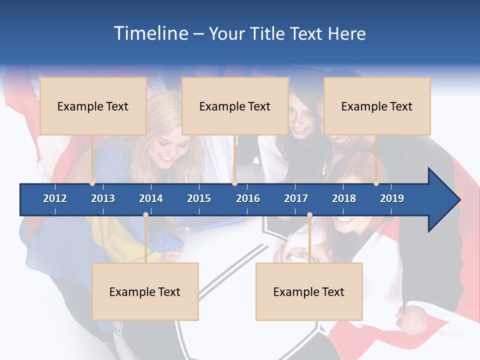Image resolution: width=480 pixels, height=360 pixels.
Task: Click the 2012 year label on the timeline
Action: click(55, 198)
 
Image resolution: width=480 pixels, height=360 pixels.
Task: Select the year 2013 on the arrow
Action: click(103, 198)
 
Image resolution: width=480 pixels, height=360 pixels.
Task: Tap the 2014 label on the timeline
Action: click(151, 198)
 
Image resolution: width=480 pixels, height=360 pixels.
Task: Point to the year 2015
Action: click(199, 198)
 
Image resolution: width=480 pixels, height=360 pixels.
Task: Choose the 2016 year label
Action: click(248, 198)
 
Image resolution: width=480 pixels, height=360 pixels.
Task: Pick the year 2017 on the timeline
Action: click(296, 198)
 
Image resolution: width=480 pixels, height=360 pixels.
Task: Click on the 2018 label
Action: click(344, 198)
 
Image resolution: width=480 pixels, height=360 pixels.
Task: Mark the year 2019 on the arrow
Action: click(392, 198)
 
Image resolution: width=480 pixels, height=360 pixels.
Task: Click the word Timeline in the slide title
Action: click(150, 33)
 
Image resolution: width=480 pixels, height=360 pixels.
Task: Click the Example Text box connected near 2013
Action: click(93, 106)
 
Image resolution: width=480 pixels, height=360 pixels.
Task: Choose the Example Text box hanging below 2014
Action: click(145, 291)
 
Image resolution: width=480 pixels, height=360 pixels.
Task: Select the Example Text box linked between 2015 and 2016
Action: click(235, 106)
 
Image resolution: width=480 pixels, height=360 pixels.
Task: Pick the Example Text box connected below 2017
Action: click(309, 291)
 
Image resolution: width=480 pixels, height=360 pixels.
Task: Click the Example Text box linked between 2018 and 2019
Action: click(377, 106)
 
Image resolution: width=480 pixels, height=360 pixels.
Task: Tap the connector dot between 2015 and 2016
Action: click(234, 183)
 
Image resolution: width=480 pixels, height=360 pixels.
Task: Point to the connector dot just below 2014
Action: click(145, 215)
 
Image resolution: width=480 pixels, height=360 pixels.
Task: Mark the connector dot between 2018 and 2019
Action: click(376, 183)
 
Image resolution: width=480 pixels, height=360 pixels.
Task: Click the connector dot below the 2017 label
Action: click(309, 215)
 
